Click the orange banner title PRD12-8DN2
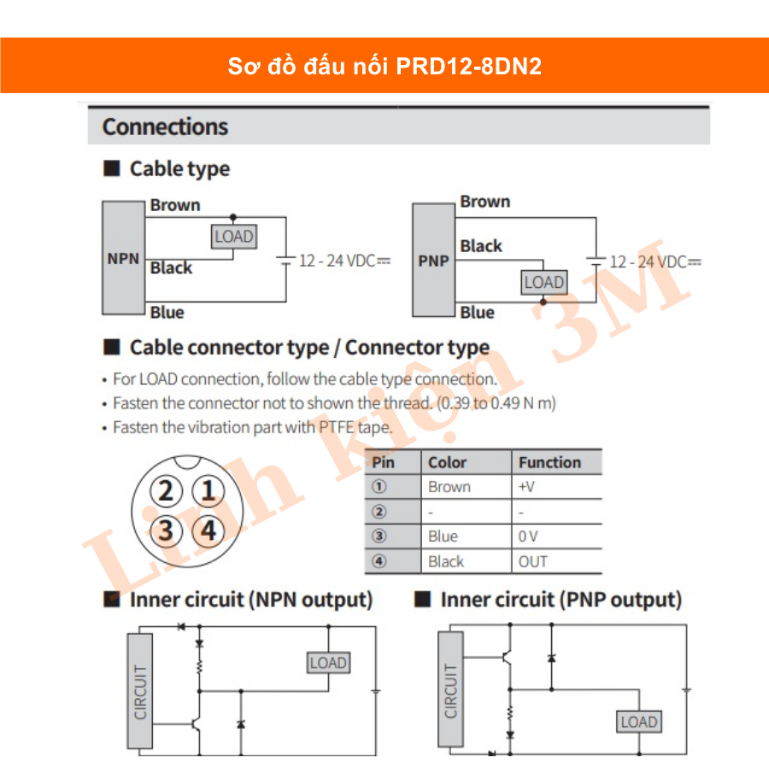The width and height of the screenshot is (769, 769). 384,67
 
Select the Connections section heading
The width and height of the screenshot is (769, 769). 165,127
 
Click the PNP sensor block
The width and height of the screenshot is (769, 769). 433,261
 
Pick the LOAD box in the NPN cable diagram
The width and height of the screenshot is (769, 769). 234,237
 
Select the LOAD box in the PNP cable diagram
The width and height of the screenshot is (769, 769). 544,282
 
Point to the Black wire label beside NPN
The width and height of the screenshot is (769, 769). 171,268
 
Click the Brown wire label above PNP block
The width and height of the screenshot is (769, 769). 484,202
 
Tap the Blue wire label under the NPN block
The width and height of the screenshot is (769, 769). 167,313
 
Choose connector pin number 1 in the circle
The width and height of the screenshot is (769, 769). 208,491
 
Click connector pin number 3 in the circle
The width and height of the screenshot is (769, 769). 166,531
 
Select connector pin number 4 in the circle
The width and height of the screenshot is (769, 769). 208,531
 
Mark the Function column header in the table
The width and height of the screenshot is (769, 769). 549,462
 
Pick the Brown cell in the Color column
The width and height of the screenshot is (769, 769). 449,487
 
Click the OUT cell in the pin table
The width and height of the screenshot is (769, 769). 533,561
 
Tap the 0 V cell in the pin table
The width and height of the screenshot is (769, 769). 528,537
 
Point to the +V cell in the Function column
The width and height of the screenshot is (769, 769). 526,487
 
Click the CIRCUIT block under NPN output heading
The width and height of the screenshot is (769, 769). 141,690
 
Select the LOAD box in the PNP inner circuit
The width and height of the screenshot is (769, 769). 638,722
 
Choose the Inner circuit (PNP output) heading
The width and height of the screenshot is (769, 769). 561,600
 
